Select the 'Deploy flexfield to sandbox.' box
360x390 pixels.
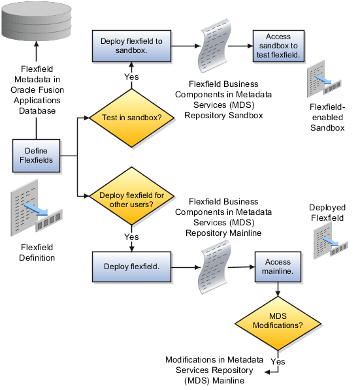[x=132, y=44]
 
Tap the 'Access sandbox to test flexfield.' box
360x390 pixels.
[x=278, y=45]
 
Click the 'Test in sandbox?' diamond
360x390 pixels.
[x=132, y=118]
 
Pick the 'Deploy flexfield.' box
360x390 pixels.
[x=132, y=267]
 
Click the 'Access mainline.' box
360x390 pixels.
[x=278, y=267]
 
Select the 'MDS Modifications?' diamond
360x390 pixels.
[x=278, y=320]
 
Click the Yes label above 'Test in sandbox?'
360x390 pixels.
[x=131, y=77]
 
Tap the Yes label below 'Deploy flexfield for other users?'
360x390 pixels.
[x=131, y=236]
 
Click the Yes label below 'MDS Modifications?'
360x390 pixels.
[x=278, y=361]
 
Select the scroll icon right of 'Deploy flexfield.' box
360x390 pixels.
[x=216, y=267]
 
